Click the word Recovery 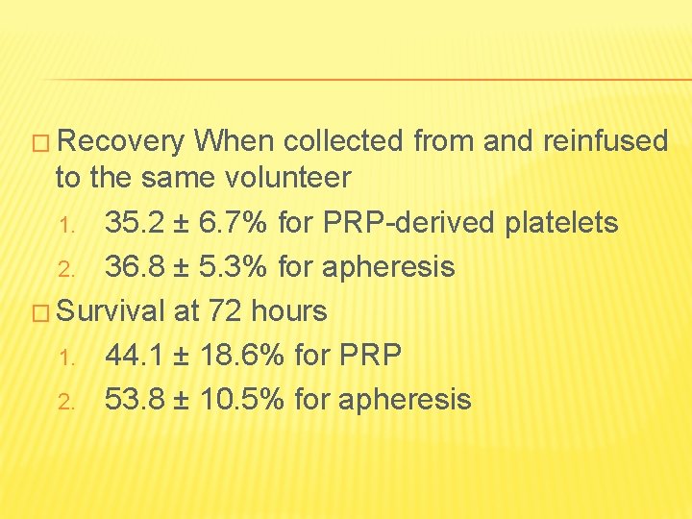(x=122, y=142)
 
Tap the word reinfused (x=605, y=142)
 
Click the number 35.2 (x=134, y=223)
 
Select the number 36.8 (x=134, y=266)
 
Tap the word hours (x=288, y=311)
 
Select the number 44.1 (x=134, y=356)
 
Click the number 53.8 (x=134, y=399)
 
